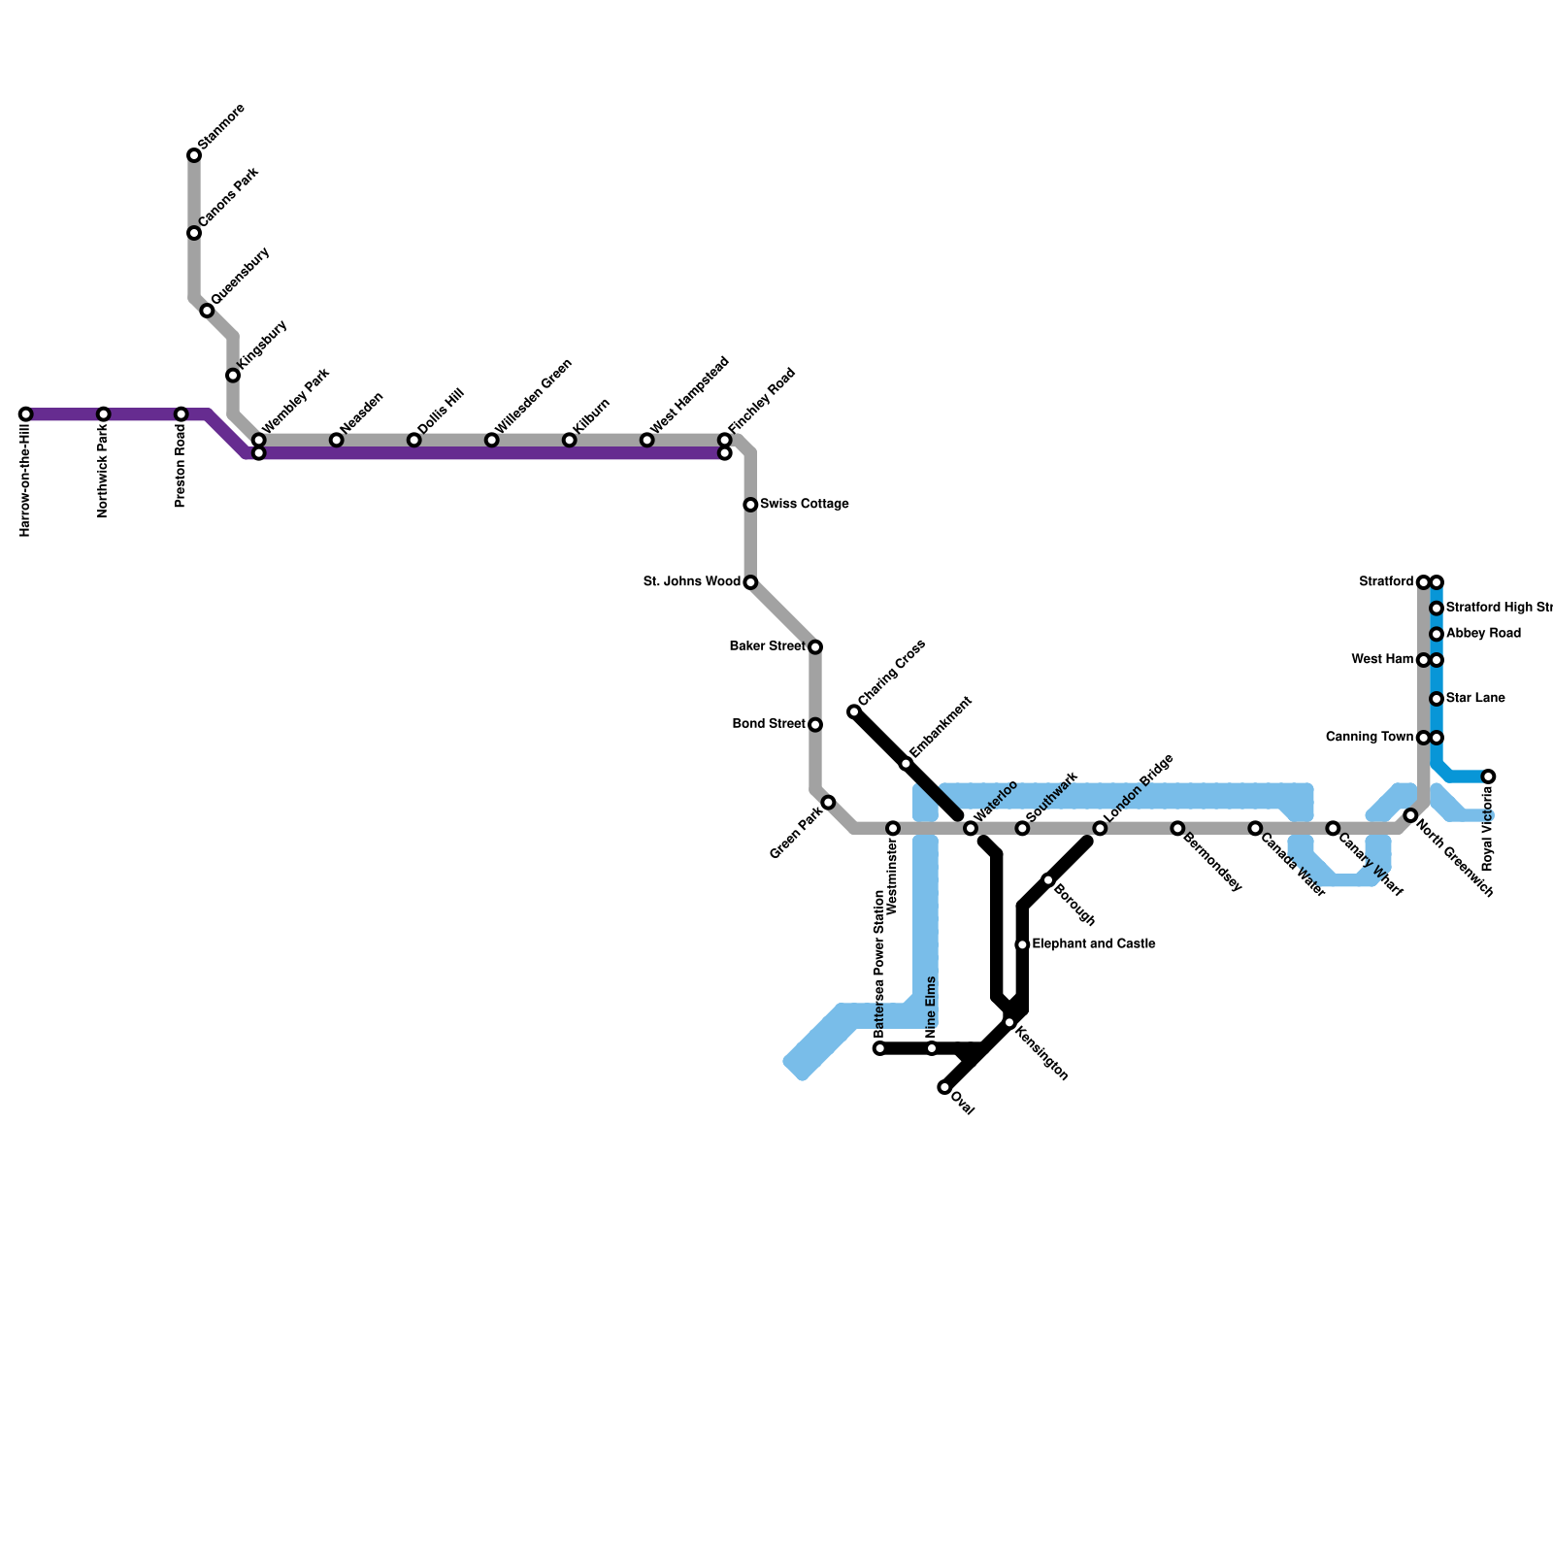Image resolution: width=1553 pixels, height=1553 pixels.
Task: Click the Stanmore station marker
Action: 194,155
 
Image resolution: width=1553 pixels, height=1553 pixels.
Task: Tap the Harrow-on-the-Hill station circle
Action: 26,414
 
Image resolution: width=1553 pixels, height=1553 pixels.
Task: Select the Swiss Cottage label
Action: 804,504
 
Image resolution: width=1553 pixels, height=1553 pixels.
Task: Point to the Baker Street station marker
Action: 815,646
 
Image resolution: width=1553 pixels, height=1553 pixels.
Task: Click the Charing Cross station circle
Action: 854,712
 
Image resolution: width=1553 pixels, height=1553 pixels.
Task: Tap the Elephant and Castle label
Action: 1093,943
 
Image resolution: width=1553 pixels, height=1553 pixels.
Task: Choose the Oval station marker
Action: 944,1087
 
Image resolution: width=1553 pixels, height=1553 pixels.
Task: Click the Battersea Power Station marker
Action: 879,1048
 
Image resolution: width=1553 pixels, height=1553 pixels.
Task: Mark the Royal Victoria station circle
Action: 1488,776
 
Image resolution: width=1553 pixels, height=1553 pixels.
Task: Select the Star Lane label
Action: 1475,698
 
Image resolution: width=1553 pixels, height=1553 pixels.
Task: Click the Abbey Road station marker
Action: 1437,634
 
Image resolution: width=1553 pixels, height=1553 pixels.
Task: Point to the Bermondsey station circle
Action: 1177,828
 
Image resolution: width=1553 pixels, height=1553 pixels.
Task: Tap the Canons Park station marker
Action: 194,233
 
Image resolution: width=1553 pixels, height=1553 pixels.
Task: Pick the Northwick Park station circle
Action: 104,414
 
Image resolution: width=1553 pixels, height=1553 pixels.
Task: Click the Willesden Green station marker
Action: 492,441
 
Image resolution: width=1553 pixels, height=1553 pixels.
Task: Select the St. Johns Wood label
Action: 692,581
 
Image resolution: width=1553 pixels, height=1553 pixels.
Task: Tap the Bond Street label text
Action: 769,724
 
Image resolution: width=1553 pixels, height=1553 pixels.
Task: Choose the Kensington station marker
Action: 1009,1022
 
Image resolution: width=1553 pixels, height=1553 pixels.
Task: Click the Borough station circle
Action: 1048,879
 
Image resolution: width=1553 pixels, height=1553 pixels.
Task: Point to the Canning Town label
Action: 1370,737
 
